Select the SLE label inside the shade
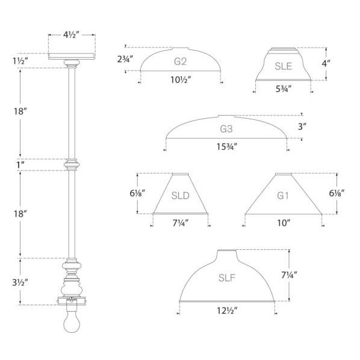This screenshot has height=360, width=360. pyautogui.click(x=283, y=67)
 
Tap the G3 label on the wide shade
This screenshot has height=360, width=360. pyautogui.click(x=226, y=128)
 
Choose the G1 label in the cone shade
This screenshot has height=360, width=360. pyautogui.click(x=283, y=196)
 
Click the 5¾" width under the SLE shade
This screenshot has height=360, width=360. pyautogui.click(x=283, y=89)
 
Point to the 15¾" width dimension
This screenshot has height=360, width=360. pyautogui.click(x=226, y=146)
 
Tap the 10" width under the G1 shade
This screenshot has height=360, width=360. pyautogui.click(x=283, y=223)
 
